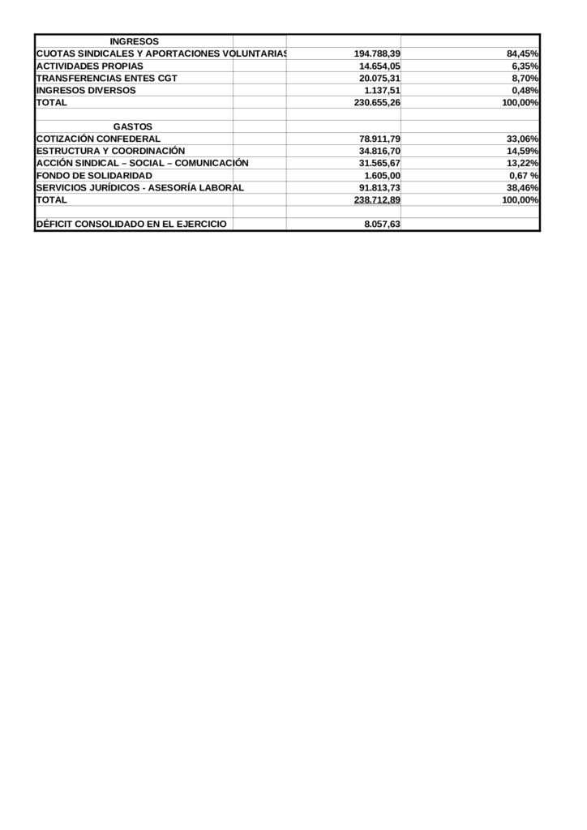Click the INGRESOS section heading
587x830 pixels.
[x=134, y=41]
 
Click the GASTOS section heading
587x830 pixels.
[x=133, y=127]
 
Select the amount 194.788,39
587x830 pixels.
[x=377, y=53]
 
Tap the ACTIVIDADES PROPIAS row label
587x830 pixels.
[x=90, y=66]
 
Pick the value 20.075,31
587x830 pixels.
[x=379, y=78]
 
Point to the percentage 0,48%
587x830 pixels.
[x=525, y=91]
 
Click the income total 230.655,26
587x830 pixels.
[x=377, y=103]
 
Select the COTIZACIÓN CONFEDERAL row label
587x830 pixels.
[x=98, y=139]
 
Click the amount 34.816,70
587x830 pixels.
[x=379, y=151]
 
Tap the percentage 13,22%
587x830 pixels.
[x=523, y=163]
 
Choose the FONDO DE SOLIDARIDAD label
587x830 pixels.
[x=94, y=175]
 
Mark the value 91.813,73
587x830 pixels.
[x=379, y=187]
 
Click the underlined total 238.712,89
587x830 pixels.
[x=377, y=199]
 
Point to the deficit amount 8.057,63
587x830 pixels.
[x=382, y=225]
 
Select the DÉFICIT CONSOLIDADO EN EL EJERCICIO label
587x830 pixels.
[x=131, y=225]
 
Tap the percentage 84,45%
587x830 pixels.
[x=523, y=53]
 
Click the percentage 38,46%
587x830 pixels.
[x=523, y=187]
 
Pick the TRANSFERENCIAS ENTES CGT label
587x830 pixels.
[x=107, y=78]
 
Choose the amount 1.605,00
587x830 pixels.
[x=382, y=175]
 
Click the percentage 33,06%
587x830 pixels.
[x=523, y=139]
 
